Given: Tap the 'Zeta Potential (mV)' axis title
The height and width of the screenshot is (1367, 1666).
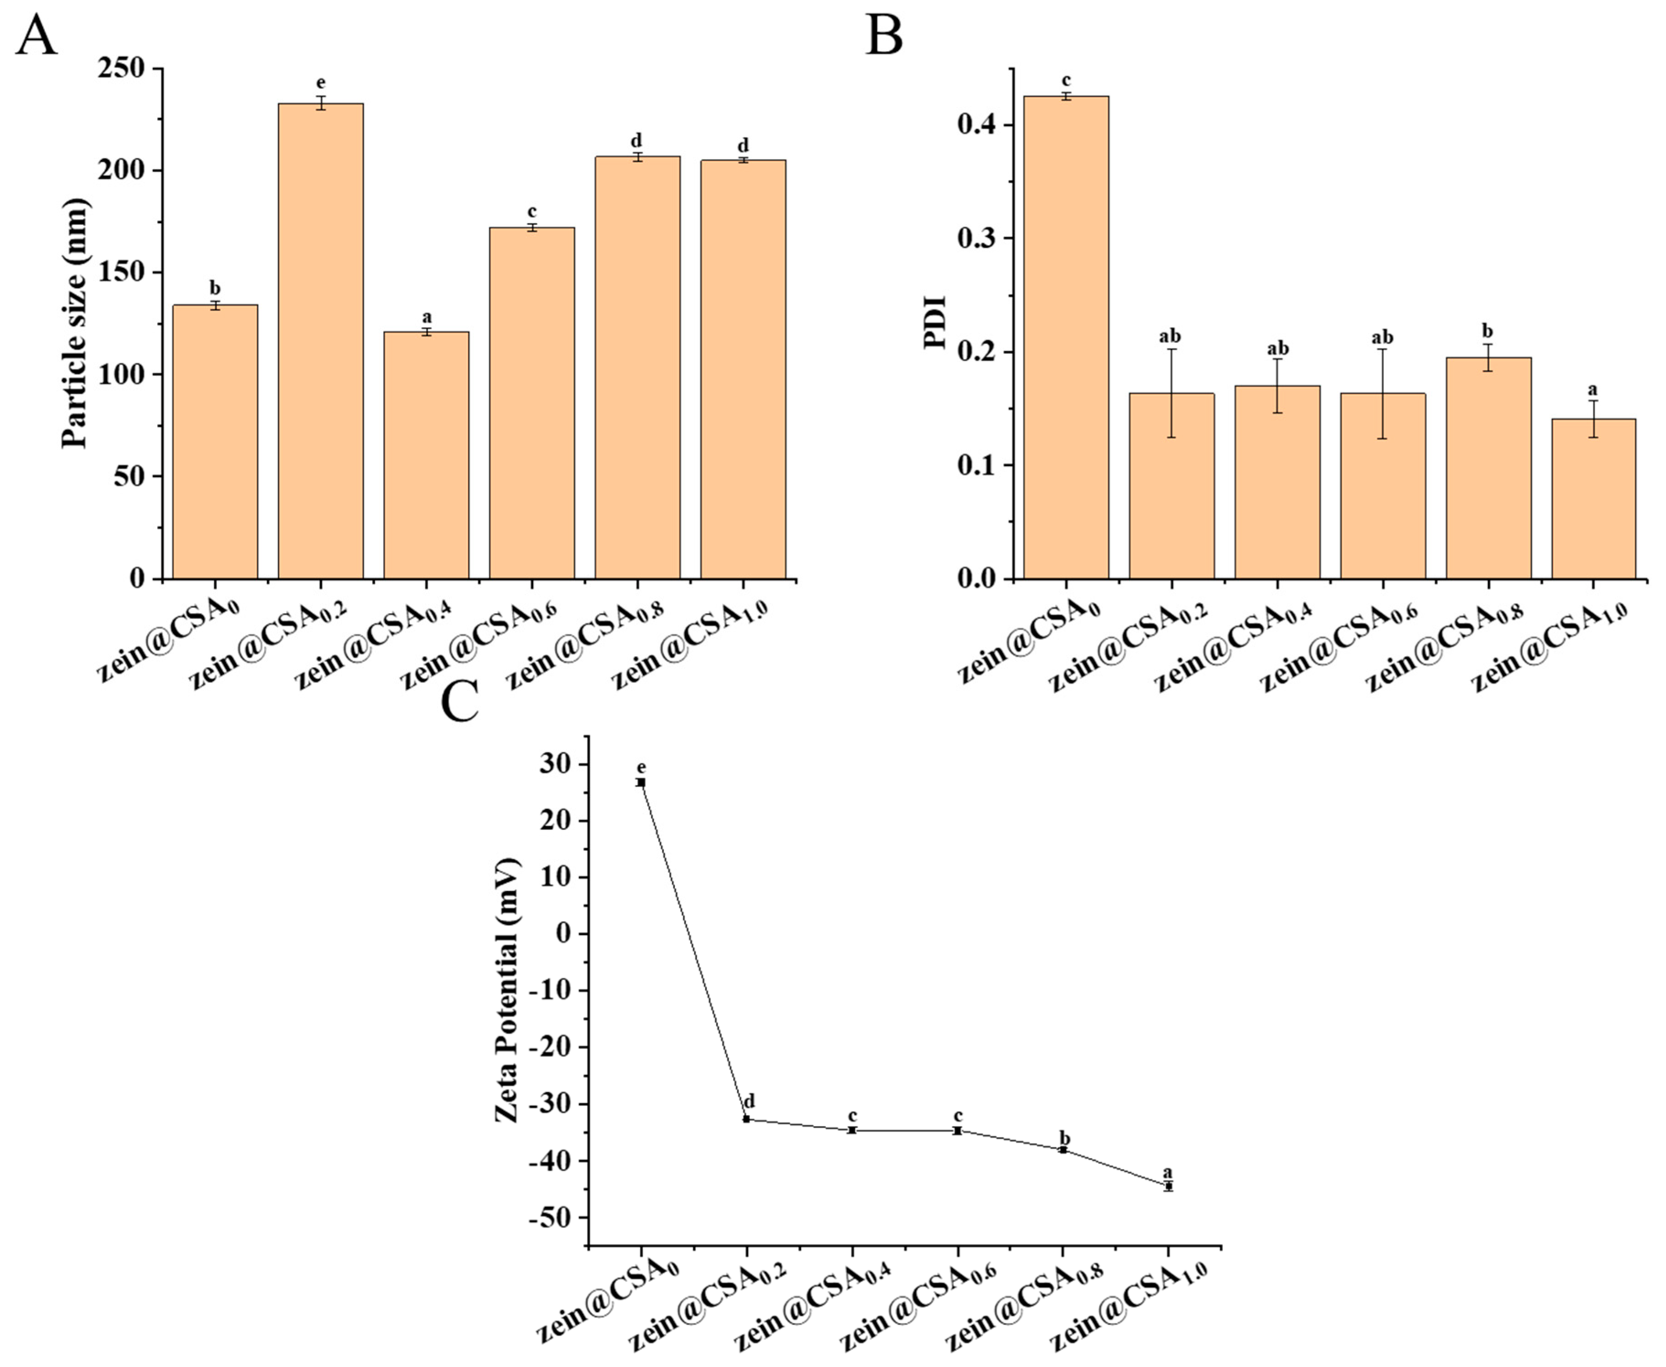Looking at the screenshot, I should [508, 991].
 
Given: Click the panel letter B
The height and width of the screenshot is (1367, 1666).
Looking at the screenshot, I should [884, 36].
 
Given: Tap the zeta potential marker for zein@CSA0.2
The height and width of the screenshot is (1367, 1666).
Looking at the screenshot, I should [747, 1119].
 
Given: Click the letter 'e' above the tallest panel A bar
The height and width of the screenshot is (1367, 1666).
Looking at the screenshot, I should [320, 83].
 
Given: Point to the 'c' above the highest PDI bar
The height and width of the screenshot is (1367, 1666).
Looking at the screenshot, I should [1066, 80].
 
